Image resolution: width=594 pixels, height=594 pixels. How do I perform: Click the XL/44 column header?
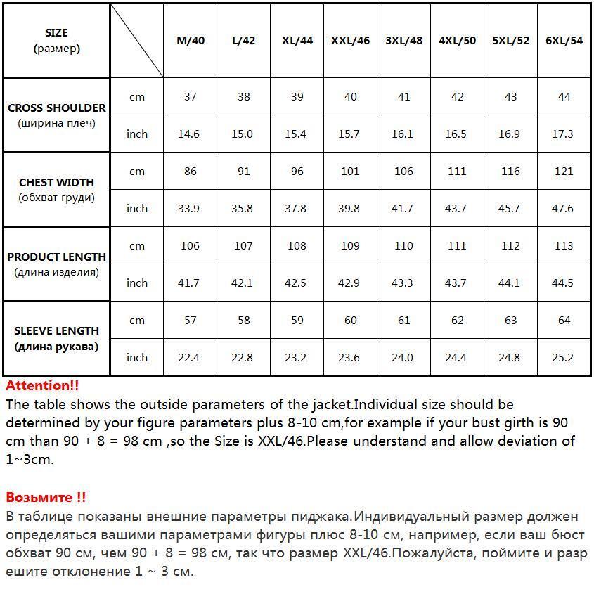click(297, 41)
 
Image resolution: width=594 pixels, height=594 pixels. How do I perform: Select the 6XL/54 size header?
click(564, 41)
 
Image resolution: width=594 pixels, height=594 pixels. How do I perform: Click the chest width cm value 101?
click(350, 172)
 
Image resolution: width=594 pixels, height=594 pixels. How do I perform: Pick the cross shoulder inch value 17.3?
click(563, 134)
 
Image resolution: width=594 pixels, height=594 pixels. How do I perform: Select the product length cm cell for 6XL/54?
click(564, 246)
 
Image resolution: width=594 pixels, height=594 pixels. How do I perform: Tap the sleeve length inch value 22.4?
click(188, 358)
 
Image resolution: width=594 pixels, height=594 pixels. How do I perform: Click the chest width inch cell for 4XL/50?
click(456, 209)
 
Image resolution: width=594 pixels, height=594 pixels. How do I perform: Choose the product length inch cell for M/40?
click(188, 283)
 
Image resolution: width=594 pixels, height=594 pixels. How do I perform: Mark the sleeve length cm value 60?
click(350, 321)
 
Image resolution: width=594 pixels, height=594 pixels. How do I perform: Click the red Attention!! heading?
click(42, 386)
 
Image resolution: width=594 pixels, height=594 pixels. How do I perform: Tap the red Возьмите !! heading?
click(46, 498)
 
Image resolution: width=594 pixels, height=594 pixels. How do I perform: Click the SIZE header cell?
click(56, 41)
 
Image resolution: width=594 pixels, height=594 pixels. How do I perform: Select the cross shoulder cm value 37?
click(191, 97)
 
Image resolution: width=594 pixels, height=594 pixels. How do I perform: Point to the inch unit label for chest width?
click(137, 209)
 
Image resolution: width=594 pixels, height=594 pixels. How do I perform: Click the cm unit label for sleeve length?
click(137, 321)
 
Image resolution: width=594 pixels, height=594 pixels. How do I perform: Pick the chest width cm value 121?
click(564, 172)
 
